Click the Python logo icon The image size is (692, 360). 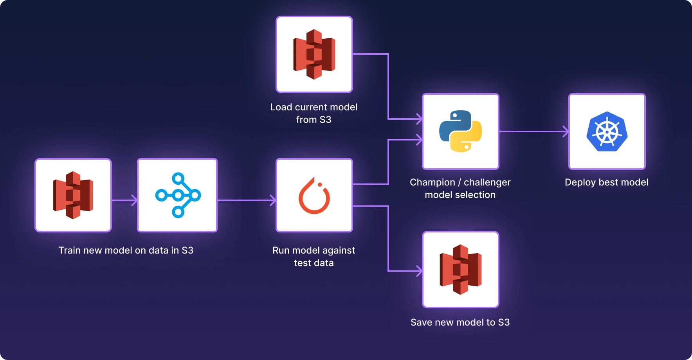point(460,131)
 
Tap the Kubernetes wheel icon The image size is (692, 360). point(607,131)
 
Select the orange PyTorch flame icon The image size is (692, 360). point(314,196)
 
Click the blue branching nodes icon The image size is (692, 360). point(178,195)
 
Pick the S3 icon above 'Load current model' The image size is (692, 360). point(314,54)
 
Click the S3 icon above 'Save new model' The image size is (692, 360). point(460,269)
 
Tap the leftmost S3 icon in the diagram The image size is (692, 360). point(73,195)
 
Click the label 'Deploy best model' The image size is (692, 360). point(606,182)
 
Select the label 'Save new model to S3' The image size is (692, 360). point(460,322)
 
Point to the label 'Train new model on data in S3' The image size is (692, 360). point(126,250)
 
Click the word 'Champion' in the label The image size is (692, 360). point(432,182)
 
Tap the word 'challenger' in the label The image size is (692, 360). point(487,182)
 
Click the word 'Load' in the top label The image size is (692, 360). point(281,107)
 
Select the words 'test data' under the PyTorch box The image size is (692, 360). point(314,263)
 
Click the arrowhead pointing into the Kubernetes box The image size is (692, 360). point(566,131)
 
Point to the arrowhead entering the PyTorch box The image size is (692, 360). point(273,200)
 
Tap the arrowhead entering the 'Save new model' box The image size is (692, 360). point(419,271)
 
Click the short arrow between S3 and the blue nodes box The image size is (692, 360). point(124,200)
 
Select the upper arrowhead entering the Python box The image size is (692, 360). point(419,119)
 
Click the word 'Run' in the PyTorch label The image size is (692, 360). point(281,250)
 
